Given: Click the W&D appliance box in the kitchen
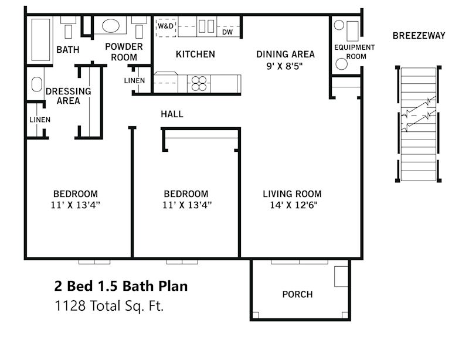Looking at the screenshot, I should point(165,26).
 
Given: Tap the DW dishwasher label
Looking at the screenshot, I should point(228,32).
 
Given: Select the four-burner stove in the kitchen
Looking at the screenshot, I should point(199,83).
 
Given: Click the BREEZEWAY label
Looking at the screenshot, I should point(419,36).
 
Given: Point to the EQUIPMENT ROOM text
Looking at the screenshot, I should point(354,52).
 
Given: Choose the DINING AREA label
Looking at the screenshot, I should point(286,54).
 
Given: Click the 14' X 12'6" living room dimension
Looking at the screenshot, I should point(292,205).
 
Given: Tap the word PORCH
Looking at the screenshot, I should point(297,294).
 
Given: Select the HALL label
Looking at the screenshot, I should point(172,114).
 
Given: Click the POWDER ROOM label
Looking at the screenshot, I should point(124,52).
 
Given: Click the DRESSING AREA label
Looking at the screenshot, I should point(68,96).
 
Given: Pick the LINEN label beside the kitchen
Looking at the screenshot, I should point(134,80).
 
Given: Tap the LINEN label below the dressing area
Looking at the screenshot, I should point(40,120).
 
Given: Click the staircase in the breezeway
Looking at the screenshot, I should point(419,124).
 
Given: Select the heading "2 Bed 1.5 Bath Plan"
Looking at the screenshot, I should point(121,286).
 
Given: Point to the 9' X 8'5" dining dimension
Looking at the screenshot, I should point(286,66).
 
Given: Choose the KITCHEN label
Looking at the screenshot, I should point(195,54).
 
